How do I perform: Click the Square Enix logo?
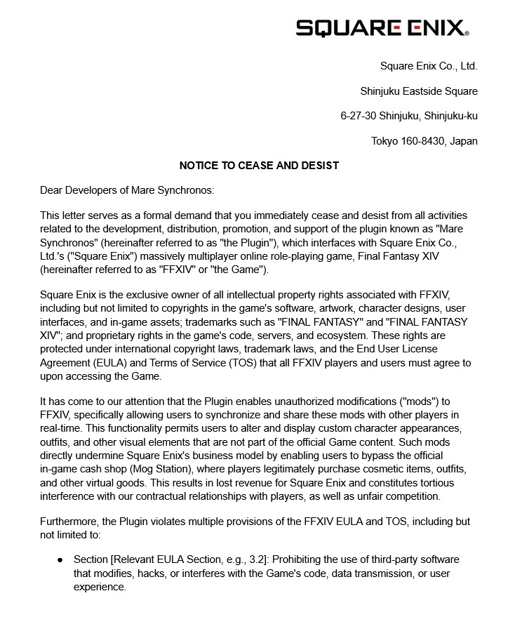coord(382,27)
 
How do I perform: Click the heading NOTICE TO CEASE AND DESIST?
coord(259,166)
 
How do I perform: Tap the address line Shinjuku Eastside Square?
coord(419,91)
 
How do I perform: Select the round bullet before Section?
coord(60,560)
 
